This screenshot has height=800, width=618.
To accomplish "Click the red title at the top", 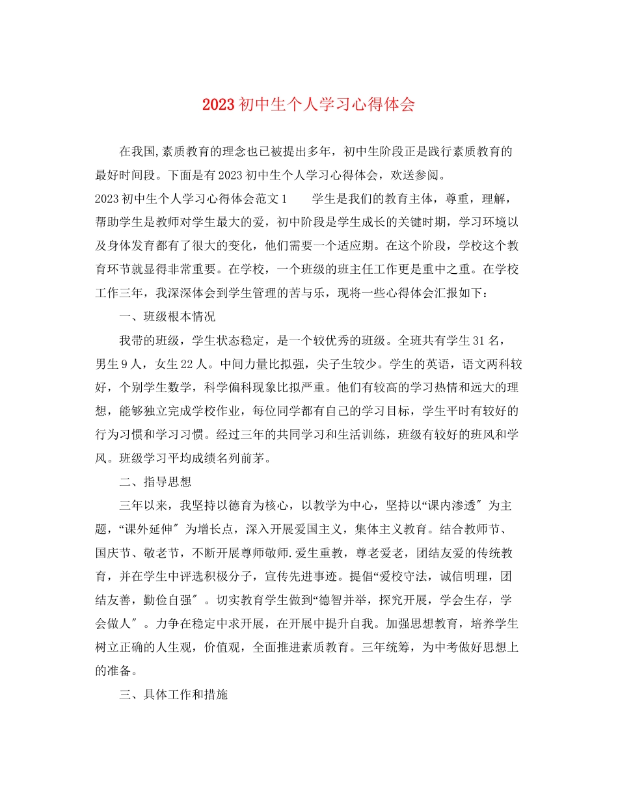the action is pos(308,105).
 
